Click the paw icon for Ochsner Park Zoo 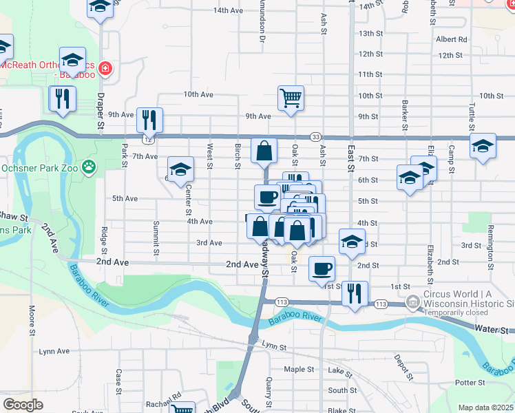tap(89, 167)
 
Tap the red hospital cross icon tap(105, 69)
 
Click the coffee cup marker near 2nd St tap(322, 268)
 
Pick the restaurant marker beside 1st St tap(355, 293)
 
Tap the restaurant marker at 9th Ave tap(149, 120)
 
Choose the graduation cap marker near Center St tap(181, 169)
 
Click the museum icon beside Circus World tap(412, 301)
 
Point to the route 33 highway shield tap(315, 137)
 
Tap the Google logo tap(23, 405)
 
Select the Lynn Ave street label tap(54, 351)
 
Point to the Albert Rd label tap(451, 40)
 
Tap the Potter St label tap(470, 382)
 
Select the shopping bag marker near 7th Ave tap(264, 151)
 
